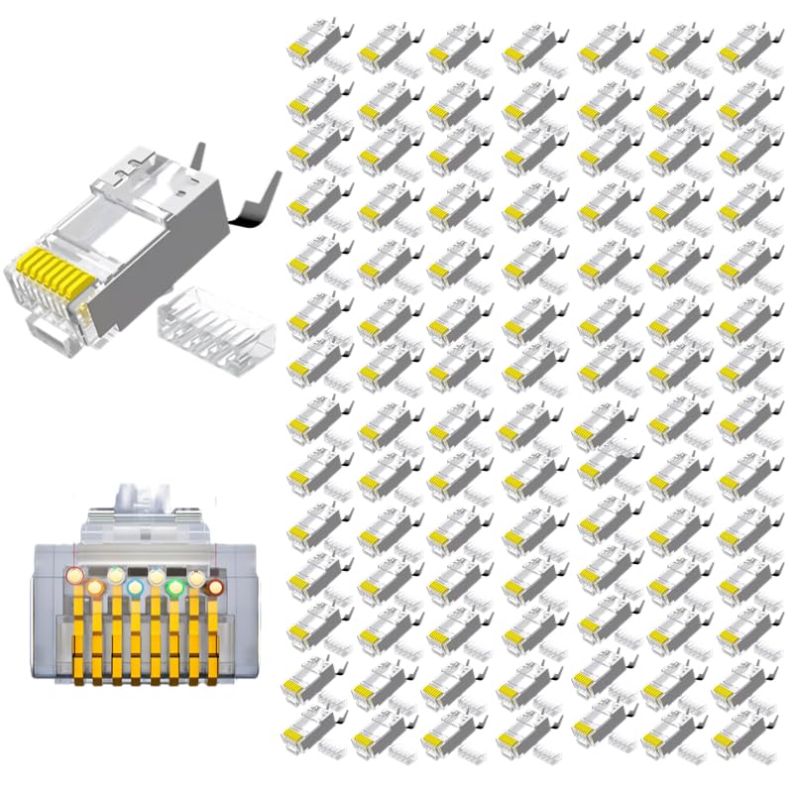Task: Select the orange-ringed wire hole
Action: pos(95,589)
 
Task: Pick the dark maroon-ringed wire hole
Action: pos(215,588)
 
